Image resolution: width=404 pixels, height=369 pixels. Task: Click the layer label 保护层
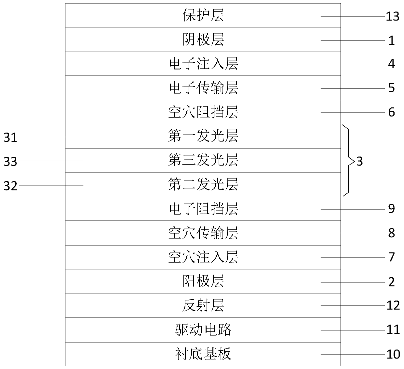(x=203, y=16)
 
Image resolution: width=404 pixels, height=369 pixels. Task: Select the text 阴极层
(x=203, y=40)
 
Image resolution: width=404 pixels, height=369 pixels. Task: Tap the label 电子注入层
(x=203, y=64)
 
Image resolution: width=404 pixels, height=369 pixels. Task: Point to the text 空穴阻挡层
(x=203, y=112)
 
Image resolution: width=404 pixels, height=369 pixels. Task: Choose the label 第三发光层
(x=203, y=160)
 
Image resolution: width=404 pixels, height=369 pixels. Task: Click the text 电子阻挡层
(x=203, y=209)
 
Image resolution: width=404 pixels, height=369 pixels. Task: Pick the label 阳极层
(x=203, y=281)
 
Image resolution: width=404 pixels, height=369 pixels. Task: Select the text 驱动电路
(x=203, y=330)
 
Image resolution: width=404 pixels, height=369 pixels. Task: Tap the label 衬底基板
(x=203, y=354)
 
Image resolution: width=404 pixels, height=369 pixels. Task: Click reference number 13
(x=392, y=16)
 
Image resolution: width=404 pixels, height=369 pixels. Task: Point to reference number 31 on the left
(x=10, y=137)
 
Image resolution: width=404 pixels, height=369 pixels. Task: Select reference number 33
(x=10, y=161)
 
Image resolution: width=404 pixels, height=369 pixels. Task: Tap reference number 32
(x=10, y=186)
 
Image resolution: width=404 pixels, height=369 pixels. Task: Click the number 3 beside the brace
(x=359, y=161)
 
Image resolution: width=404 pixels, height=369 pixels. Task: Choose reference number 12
(x=393, y=305)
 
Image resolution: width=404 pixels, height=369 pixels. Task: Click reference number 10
(x=393, y=354)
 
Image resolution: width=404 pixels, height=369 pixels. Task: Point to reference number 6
(x=391, y=112)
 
